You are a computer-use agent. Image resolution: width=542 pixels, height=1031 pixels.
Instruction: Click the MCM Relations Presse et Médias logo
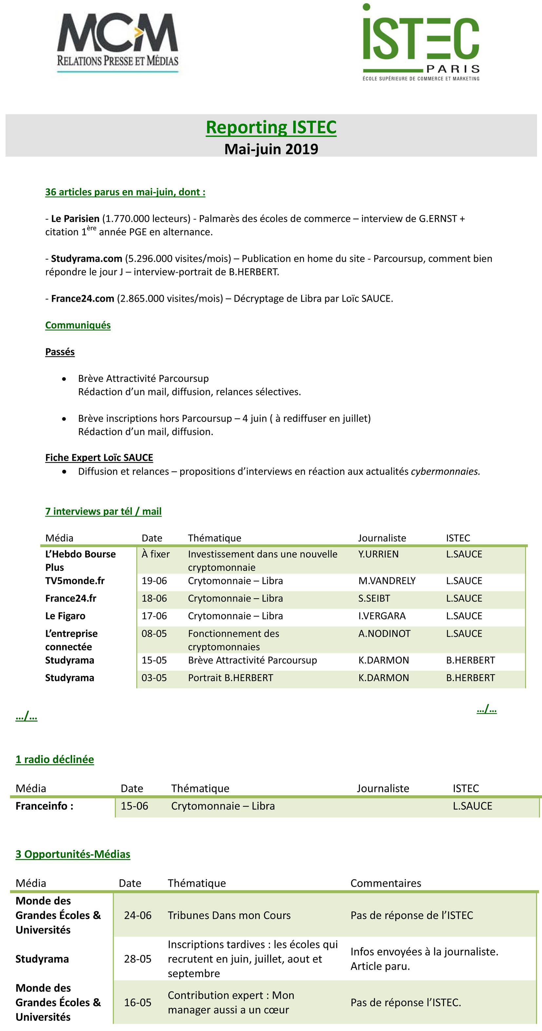[117, 42]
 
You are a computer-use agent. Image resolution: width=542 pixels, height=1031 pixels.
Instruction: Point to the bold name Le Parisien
[75, 219]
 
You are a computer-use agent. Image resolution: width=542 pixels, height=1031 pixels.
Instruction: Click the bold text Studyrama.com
[86, 259]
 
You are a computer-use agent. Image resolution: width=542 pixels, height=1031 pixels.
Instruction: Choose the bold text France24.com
[83, 298]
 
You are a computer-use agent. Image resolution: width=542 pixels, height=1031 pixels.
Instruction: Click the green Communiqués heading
[78, 325]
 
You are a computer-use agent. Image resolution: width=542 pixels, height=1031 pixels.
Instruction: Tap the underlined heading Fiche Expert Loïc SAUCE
[99, 458]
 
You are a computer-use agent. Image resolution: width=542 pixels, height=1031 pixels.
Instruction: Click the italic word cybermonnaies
[445, 471]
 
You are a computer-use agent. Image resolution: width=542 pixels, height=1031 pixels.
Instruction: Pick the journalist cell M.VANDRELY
[387, 581]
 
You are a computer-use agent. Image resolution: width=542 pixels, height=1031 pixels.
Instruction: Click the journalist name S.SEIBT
[374, 598]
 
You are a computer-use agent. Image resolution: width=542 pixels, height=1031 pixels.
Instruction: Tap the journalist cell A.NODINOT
[384, 634]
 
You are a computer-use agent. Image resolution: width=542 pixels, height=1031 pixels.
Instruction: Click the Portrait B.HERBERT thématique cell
[230, 678]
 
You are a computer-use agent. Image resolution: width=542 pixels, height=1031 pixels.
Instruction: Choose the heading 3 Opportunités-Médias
[73, 854]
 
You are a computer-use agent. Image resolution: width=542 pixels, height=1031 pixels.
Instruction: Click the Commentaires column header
[385, 883]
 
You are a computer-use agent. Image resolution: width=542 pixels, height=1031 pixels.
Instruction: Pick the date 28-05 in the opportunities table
[137, 959]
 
